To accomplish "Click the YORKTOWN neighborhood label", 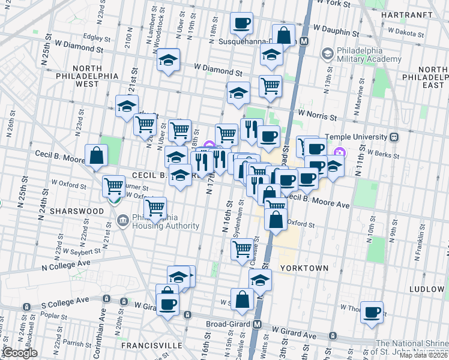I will [x=303, y=268].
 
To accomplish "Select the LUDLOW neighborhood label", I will [x=427, y=289].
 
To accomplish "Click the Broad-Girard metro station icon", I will [x=257, y=324].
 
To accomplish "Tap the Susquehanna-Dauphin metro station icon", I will [x=304, y=41].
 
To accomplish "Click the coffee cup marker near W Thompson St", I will [x=372, y=312].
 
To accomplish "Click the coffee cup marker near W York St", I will [x=241, y=23].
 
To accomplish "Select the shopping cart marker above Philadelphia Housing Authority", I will [x=155, y=208].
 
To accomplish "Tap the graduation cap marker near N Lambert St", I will [x=168, y=59].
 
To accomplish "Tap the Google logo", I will [x=20, y=353].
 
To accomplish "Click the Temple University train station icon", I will [x=395, y=136].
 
